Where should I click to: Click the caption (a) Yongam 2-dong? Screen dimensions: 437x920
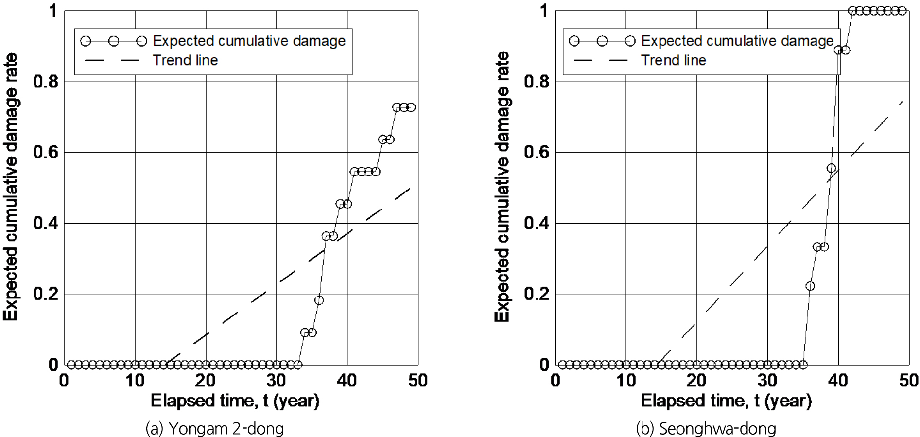(214, 428)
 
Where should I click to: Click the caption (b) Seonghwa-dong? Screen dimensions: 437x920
(706, 428)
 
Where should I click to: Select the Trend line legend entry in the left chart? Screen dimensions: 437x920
(185, 60)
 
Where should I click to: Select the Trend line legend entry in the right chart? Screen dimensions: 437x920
(673, 60)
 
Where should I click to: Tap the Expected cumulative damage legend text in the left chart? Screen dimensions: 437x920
(249, 41)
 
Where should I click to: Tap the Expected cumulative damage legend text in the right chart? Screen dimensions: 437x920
(737, 41)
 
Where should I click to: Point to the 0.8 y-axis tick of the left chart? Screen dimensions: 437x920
(46, 82)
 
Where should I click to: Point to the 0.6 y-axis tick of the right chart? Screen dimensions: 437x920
(537, 152)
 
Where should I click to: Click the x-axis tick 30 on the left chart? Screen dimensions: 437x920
(276, 381)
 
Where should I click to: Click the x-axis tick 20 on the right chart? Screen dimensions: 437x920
(696, 381)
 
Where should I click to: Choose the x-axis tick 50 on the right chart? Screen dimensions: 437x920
(908, 381)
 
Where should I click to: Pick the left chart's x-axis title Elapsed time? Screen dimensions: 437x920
(235, 401)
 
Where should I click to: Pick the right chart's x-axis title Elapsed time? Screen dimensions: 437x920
(726, 401)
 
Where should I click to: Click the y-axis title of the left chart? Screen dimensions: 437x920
(11, 187)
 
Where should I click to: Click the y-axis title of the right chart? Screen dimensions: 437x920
(502, 187)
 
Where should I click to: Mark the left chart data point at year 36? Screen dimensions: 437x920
(319, 300)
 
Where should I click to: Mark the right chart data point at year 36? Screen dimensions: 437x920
(810, 286)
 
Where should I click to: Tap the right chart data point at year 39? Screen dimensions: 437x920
(832, 168)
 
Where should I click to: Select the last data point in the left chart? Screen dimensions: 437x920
(411, 107)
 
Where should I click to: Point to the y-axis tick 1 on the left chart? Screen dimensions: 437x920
(53, 11)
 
